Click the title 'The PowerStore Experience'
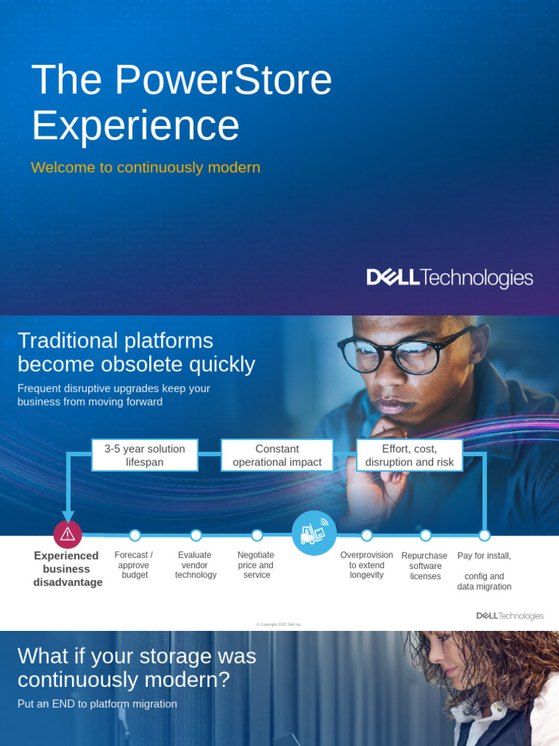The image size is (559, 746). pyautogui.click(x=181, y=102)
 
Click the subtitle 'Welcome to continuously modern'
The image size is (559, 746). pyautogui.click(x=146, y=168)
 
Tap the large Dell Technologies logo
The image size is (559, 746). pyautogui.click(x=449, y=278)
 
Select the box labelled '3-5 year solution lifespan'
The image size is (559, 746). pyautogui.click(x=145, y=455)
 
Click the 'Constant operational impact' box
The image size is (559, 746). pyautogui.click(x=277, y=455)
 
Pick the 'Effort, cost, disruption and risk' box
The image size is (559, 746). pyautogui.click(x=409, y=455)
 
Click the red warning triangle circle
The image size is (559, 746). pyautogui.click(x=68, y=535)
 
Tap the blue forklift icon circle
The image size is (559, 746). pyautogui.click(x=314, y=533)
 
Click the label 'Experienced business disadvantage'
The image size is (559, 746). pyautogui.click(x=68, y=569)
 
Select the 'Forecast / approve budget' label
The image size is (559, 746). pyautogui.click(x=134, y=565)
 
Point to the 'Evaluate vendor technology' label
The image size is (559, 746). pyautogui.click(x=196, y=565)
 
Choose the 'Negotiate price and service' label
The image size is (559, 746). pyautogui.click(x=256, y=565)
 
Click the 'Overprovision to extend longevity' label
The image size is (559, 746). pyautogui.click(x=366, y=565)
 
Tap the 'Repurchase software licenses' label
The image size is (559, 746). pyautogui.click(x=425, y=566)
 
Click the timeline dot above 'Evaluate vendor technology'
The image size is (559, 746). pyautogui.click(x=196, y=535)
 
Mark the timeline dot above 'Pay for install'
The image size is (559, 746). pyautogui.click(x=484, y=535)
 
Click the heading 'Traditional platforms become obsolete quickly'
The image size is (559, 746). pyautogui.click(x=136, y=352)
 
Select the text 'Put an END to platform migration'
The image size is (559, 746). pyautogui.click(x=97, y=704)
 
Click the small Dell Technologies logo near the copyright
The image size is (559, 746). pyautogui.click(x=510, y=616)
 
